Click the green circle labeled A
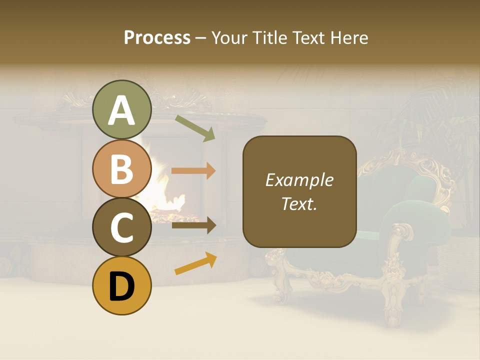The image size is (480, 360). click(122, 109)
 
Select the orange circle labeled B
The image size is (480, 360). click(122, 168)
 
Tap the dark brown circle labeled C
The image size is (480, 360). click(122, 227)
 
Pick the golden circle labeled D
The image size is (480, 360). click(122, 285)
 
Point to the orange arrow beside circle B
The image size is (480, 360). click(193, 171)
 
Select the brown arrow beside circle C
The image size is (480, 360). click(193, 225)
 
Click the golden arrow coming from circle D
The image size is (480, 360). click(195, 263)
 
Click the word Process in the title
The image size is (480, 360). click(157, 37)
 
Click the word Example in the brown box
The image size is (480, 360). click(299, 180)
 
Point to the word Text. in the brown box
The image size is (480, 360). click(299, 203)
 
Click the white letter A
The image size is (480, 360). click(122, 110)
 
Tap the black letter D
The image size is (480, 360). click(122, 286)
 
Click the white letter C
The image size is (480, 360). click(122, 228)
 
